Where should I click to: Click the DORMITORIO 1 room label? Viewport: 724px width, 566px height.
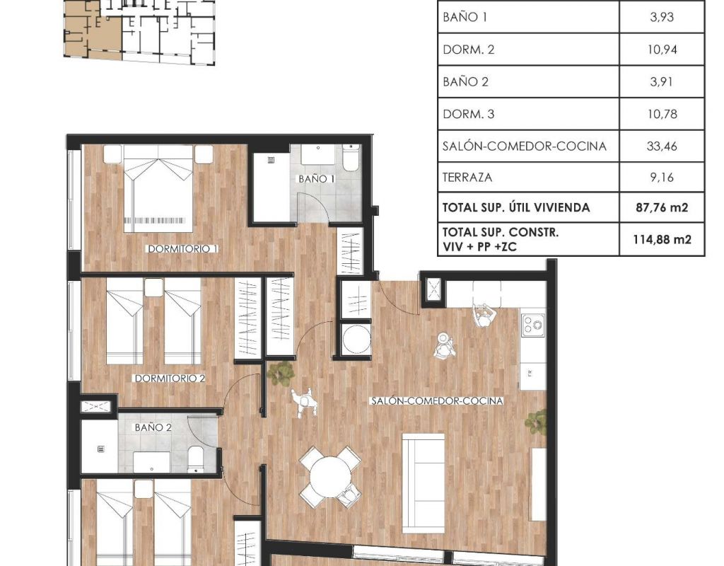[x=183, y=248]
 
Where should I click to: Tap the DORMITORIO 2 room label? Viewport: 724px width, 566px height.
[x=170, y=379]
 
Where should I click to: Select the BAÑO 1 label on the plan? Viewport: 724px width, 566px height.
[x=316, y=179]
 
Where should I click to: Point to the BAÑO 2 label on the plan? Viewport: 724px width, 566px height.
[x=153, y=427]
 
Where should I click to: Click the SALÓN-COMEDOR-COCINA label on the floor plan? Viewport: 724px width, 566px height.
[x=437, y=401]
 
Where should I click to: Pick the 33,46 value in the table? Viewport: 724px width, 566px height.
[x=662, y=146]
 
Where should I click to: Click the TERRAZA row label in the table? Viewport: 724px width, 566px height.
[x=467, y=178]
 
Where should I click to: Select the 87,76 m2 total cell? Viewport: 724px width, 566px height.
[x=662, y=207]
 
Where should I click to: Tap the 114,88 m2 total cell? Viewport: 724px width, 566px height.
[x=662, y=239]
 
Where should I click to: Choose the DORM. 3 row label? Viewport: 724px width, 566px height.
[x=468, y=114]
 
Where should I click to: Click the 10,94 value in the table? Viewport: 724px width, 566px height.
[x=662, y=50]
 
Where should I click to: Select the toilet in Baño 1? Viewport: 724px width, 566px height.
[x=351, y=158]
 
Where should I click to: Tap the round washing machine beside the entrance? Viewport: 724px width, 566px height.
[x=356, y=340]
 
